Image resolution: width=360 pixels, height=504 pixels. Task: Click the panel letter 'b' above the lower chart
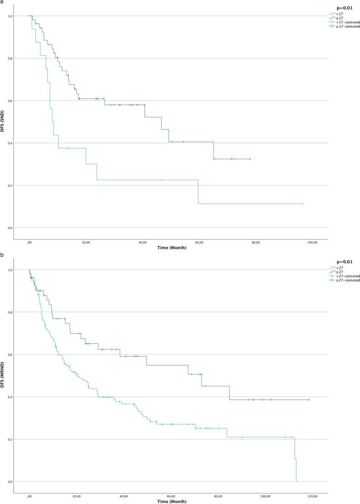coord(2,255)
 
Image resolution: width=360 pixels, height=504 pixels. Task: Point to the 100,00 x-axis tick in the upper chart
coord(313,243)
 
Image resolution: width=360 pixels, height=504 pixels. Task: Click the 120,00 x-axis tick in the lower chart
coord(313,497)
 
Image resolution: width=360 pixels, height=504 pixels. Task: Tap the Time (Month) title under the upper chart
coord(171,248)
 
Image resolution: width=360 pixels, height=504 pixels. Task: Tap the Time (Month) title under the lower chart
coord(171,502)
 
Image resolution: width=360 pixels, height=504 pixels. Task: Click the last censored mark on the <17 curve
coord(302,203)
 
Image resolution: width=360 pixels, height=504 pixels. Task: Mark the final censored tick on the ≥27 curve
coord(309,400)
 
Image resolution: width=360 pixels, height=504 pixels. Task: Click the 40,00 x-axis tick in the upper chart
coord(143,243)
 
